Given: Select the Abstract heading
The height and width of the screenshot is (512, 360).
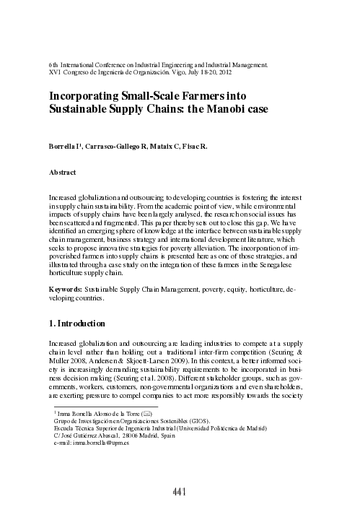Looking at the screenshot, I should click(62, 173).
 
